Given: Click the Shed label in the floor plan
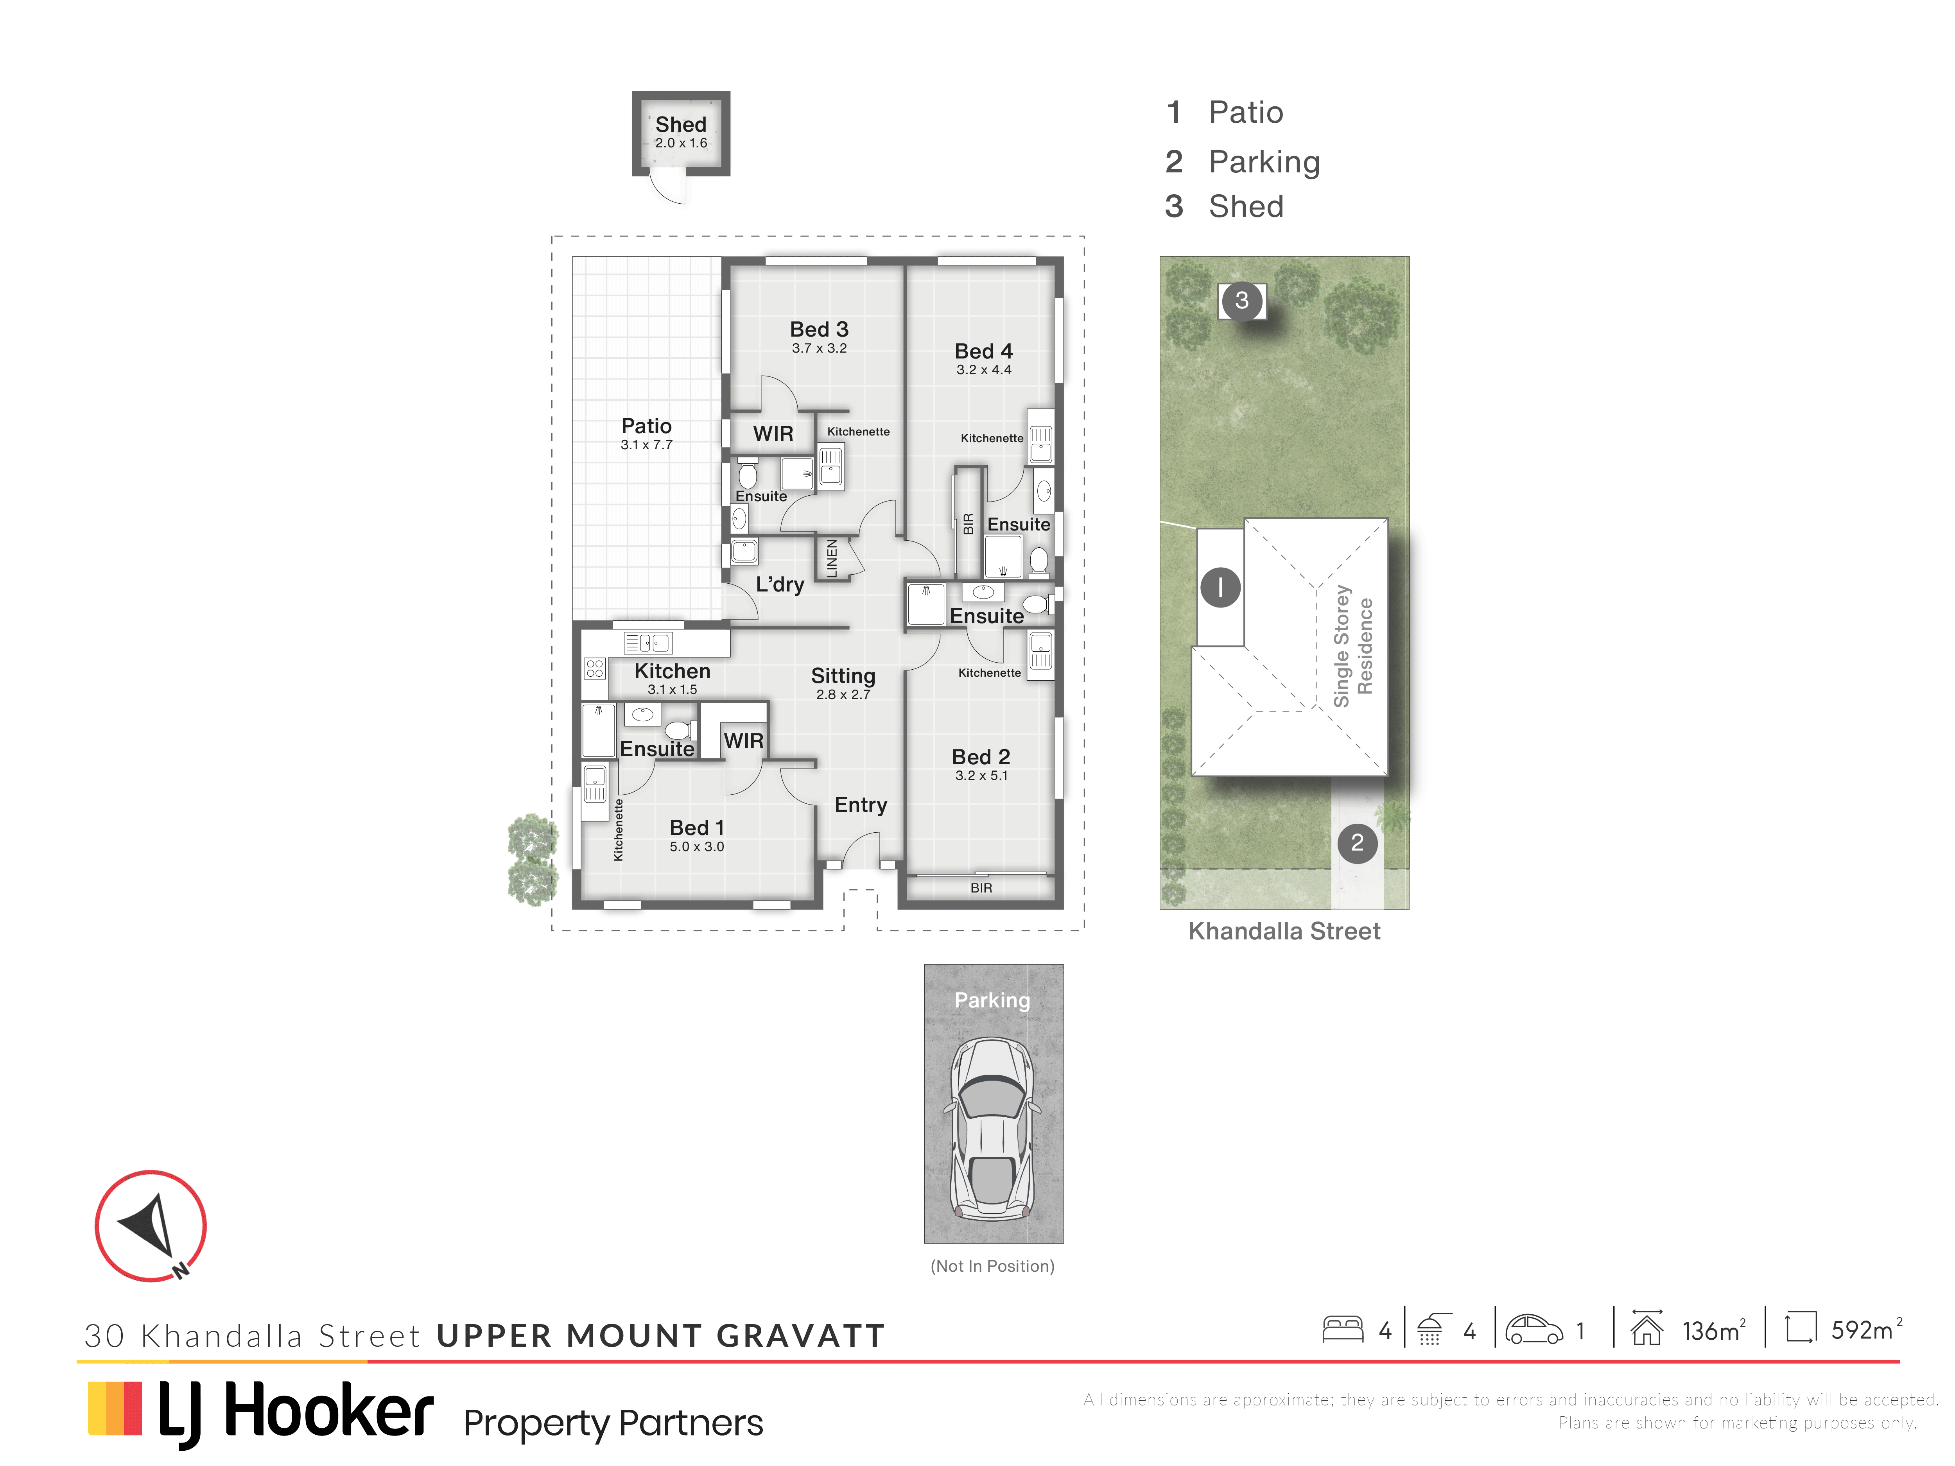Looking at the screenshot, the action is click(681, 125).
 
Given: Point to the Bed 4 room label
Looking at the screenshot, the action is click(984, 351).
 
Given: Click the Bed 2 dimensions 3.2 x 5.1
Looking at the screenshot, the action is click(981, 776).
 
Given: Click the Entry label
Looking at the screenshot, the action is click(861, 805).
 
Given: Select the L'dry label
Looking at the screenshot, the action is click(780, 584).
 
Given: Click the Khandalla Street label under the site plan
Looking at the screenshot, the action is click(1284, 931).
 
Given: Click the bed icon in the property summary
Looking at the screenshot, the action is click(1343, 1330).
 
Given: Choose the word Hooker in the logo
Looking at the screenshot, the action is click(329, 1411).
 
